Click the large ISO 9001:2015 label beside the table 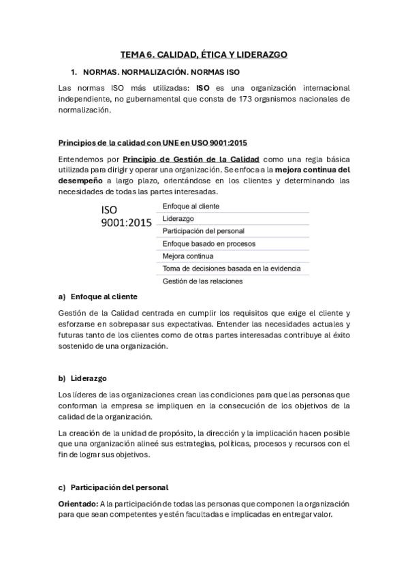click(127, 217)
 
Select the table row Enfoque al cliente click(191, 206)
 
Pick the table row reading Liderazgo click(178, 219)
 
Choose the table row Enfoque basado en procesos click(209, 243)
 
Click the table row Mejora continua click(188, 256)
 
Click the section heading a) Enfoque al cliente click(98, 297)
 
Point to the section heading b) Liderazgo click(82, 378)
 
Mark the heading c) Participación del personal click(113, 487)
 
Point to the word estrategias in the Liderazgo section click(197, 444)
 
